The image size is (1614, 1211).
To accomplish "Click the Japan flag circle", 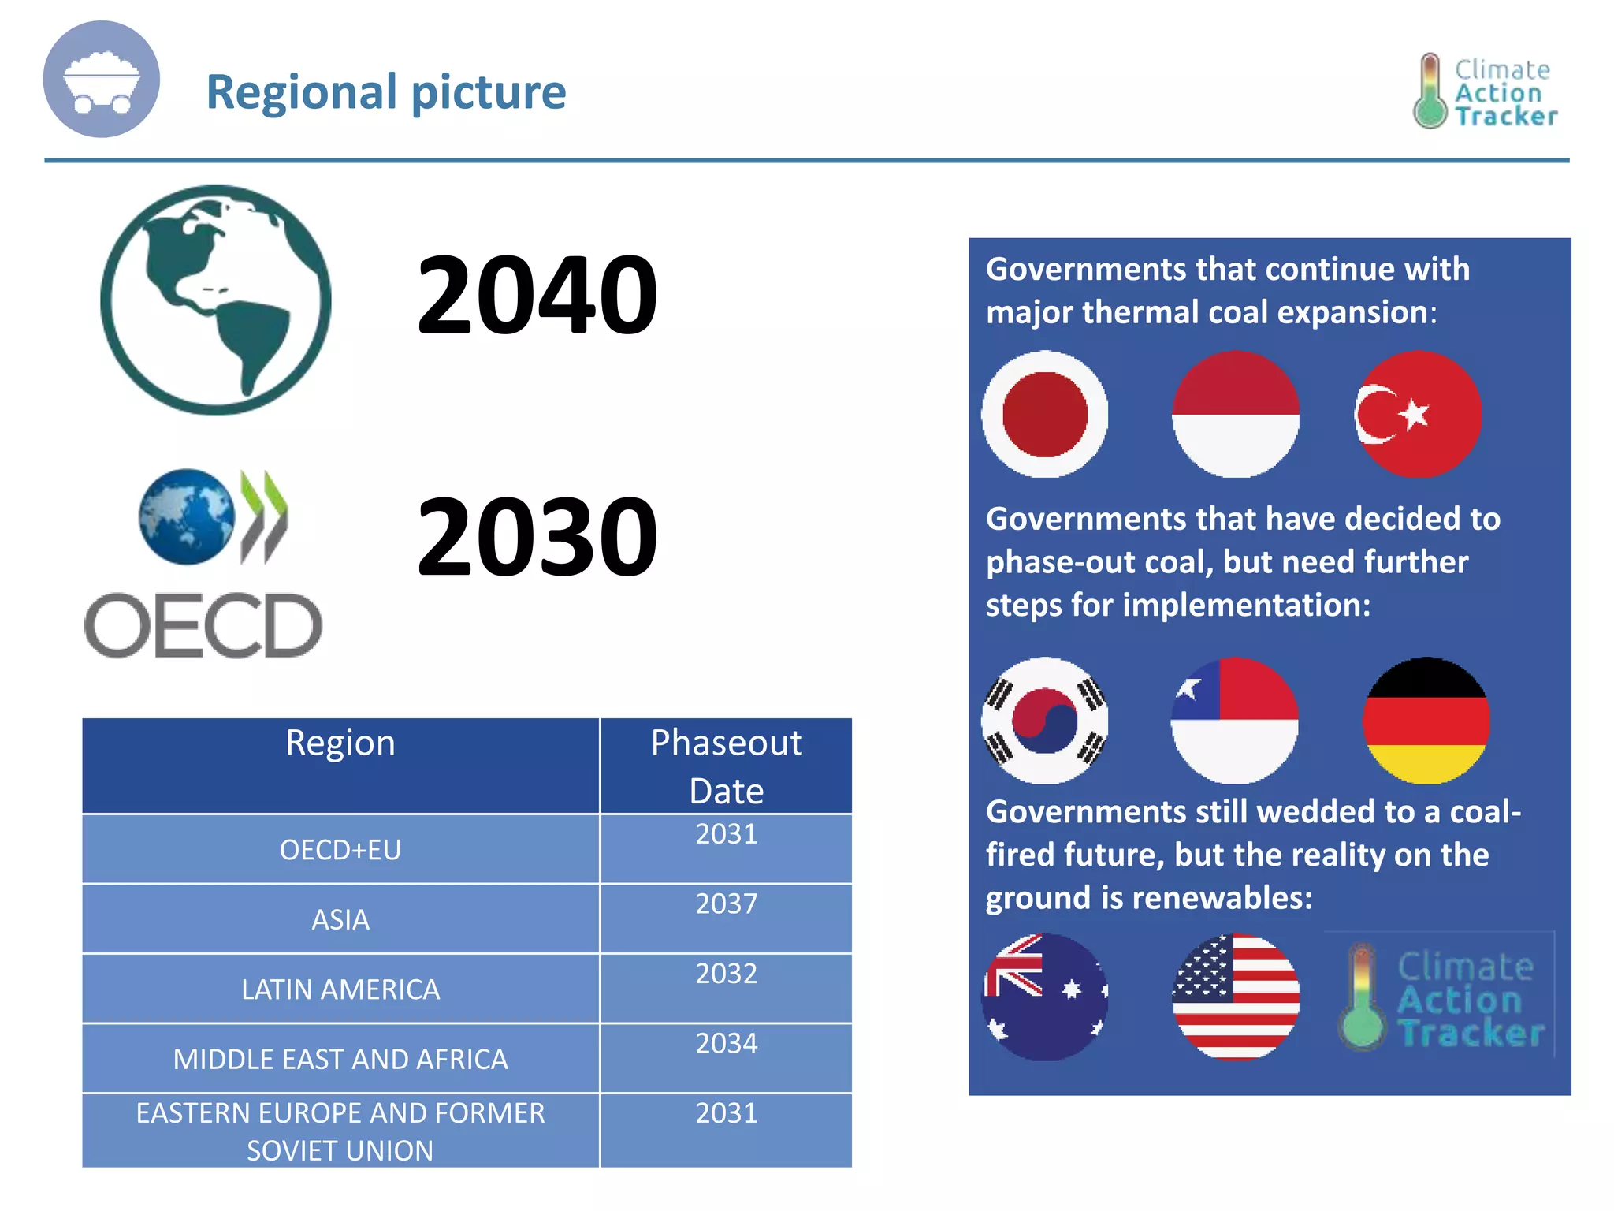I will (x=1044, y=414).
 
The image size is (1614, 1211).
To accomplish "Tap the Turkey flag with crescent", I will (x=1418, y=414).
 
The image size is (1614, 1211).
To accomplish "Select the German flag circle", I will (x=1426, y=720).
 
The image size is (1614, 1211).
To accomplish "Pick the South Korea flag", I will (x=1044, y=720).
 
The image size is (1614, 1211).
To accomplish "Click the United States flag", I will (x=1235, y=997).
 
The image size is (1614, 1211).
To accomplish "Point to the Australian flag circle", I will (x=1044, y=997).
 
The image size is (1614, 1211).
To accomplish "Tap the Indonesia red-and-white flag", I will (x=1235, y=414).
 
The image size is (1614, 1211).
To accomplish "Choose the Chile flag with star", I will (x=1235, y=720).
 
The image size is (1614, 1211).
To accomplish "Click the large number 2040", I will (x=537, y=295).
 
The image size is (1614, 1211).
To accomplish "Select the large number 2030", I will (x=537, y=536).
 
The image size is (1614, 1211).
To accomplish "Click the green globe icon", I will (x=216, y=300).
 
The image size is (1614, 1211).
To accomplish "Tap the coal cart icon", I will (x=101, y=80).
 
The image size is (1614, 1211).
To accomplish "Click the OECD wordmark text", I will (x=203, y=626).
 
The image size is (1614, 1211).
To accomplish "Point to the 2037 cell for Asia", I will (x=726, y=904).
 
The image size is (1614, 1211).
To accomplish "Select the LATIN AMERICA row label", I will (x=340, y=989).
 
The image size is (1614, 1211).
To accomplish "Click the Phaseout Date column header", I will (x=726, y=766).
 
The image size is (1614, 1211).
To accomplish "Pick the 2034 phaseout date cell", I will (x=726, y=1044).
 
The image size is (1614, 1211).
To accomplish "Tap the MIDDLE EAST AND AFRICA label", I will (x=340, y=1059).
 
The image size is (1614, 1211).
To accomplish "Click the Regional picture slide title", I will (x=386, y=91).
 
